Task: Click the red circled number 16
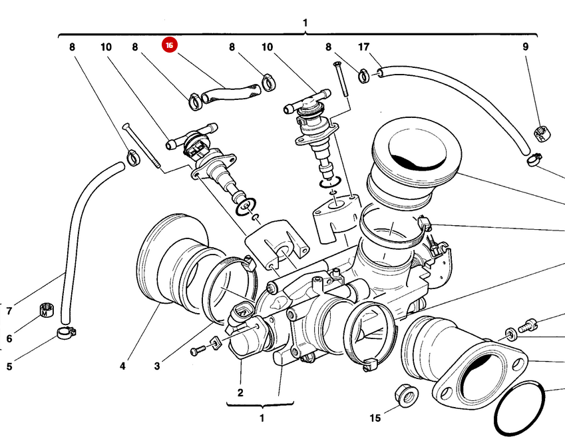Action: coord(170,45)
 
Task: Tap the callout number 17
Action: coord(363,47)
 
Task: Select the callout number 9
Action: coord(525,47)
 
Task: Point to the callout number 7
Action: coord(9,311)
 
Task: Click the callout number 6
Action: coord(9,338)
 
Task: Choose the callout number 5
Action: coord(9,366)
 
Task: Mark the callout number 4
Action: coord(122,366)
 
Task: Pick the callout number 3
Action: coord(157,366)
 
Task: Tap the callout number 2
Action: coord(240,392)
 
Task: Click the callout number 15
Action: coord(375,418)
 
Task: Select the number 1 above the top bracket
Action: coord(305,23)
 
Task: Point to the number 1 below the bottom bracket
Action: coord(262,418)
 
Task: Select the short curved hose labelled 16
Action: coord(230,92)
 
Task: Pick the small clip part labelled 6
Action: coord(45,310)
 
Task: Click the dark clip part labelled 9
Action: coord(541,133)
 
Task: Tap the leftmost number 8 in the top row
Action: coord(71,47)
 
